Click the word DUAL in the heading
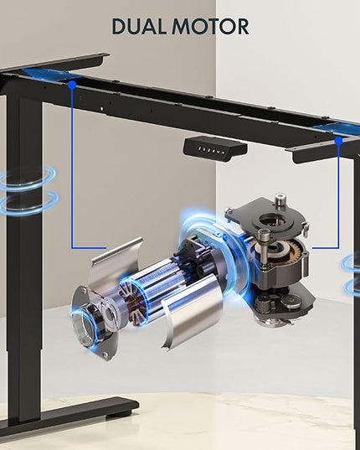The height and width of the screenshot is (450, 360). (139, 27)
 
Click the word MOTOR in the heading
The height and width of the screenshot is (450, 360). (210, 27)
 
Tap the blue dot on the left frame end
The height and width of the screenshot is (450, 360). (72, 85)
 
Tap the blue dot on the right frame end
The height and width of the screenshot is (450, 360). (338, 141)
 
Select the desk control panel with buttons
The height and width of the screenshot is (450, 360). (215, 148)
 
